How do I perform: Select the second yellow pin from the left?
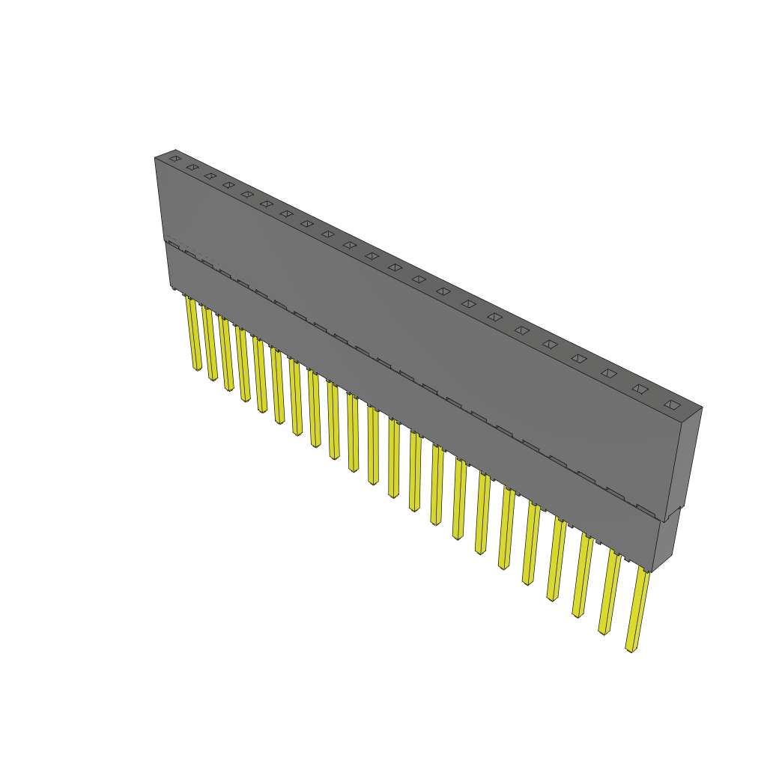coord(210,344)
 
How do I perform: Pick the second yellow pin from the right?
coord(610,592)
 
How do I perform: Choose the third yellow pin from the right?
coord(582,575)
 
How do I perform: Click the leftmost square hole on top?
coord(175,158)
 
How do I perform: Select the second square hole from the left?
coord(192,167)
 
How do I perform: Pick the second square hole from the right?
coord(640,389)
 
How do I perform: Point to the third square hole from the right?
coord(609,373)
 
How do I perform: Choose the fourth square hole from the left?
coord(228,185)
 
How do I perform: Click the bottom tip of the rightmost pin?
coord(631,649)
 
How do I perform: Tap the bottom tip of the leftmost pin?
coord(197,369)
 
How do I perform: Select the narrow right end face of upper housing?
coord(688,461)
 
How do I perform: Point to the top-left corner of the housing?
coord(156,158)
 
